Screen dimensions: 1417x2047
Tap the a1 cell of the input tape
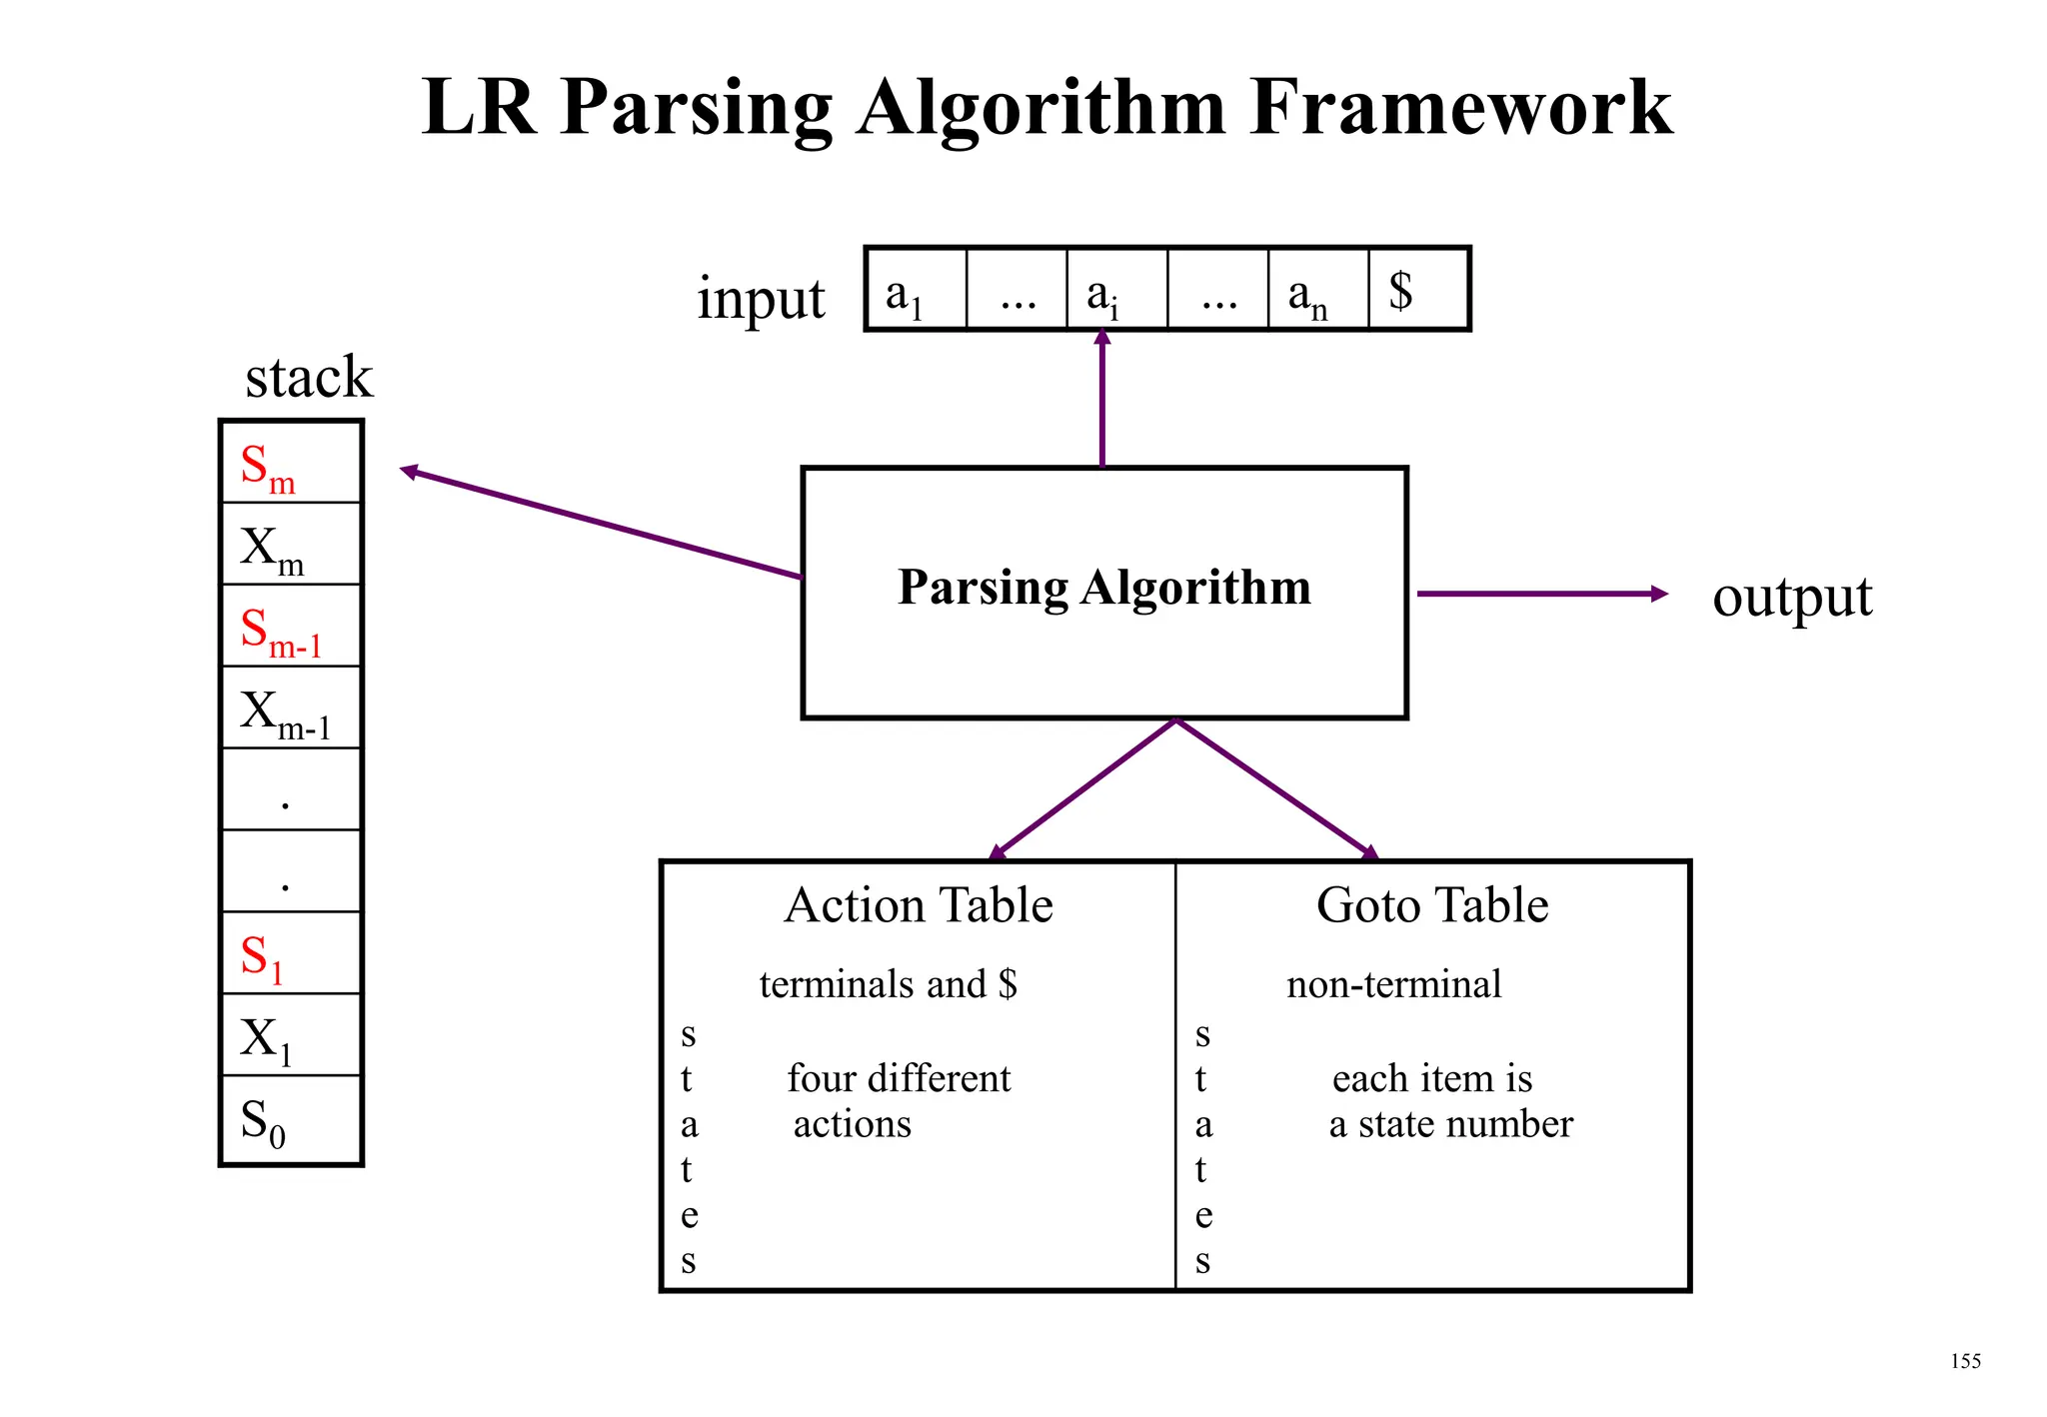tap(915, 291)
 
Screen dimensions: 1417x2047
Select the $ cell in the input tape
tap(1418, 291)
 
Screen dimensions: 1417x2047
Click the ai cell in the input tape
tap(1116, 291)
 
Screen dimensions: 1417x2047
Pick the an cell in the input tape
tap(1317, 291)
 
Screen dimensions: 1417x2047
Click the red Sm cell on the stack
tap(290, 464)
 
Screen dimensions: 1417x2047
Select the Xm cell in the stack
tap(290, 546)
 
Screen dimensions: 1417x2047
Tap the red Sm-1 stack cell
tap(290, 628)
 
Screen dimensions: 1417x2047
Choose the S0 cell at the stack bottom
tap(290, 1120)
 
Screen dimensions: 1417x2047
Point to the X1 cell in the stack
tap(290, 1036)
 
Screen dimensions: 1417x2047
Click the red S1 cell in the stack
tap(290, 954)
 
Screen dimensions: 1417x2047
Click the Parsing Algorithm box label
tap(1103, 588)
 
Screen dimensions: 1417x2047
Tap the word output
tap(1791, 598)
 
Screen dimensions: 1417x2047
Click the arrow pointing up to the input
tap(1102, 400)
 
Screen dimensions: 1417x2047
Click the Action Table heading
tap(919, 905)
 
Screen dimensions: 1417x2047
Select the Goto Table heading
tap(1431, 905)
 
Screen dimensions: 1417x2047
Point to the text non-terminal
tap(1393, 984)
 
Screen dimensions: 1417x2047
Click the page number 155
tap(1965, 1361)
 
